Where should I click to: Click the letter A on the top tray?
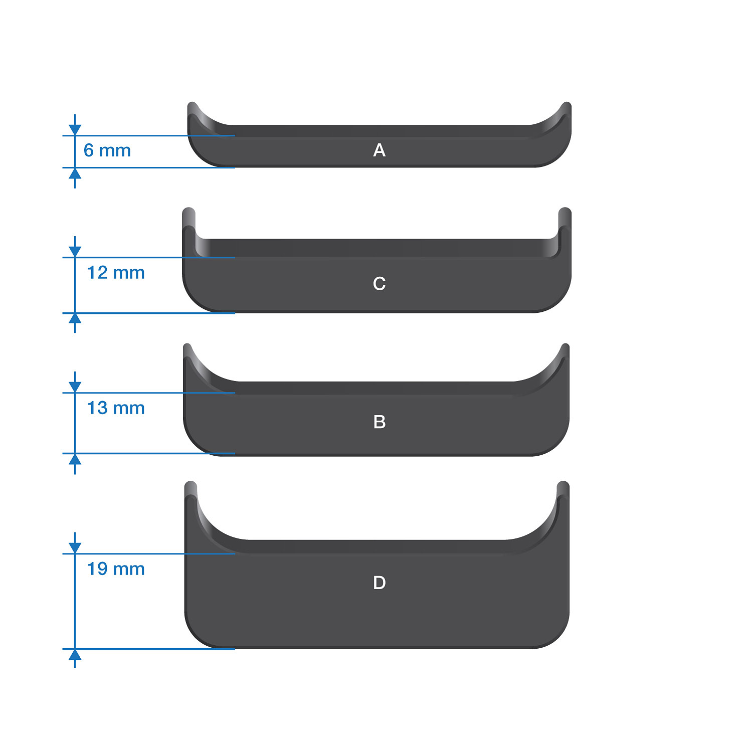tap(380, 150)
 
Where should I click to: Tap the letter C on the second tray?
tap(380, 284)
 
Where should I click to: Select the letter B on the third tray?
tap(380, 422)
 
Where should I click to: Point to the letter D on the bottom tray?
tap(380, 583)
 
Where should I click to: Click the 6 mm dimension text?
tap(107, 150)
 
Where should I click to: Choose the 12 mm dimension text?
tap(116, 273)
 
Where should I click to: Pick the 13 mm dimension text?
tap(116, 408)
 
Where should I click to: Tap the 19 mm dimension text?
tap(116, 569)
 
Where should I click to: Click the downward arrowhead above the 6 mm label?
tap(75, 130)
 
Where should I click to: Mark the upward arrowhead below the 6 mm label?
tap(75, 173)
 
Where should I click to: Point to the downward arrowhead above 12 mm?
tap(75, 252)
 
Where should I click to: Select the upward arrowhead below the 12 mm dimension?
tap(75, 319)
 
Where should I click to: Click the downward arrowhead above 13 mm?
tap(75, 387)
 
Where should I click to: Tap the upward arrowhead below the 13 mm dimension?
tap(75, 459)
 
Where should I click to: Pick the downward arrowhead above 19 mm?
tap(75, 548)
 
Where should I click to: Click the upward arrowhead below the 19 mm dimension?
tap(75, 655)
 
